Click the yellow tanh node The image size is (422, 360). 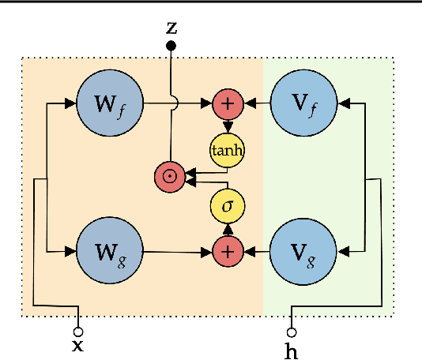(x=228, y=149)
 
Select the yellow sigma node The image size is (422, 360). (x=228, y=207)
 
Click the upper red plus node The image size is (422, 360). (x=228, y=103)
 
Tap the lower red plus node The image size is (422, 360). (x=228, y=252)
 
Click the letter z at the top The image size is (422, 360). (x=171, y=27)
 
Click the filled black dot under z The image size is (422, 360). (x=171, y=47)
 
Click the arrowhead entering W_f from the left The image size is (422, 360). (x=71, y=103)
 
